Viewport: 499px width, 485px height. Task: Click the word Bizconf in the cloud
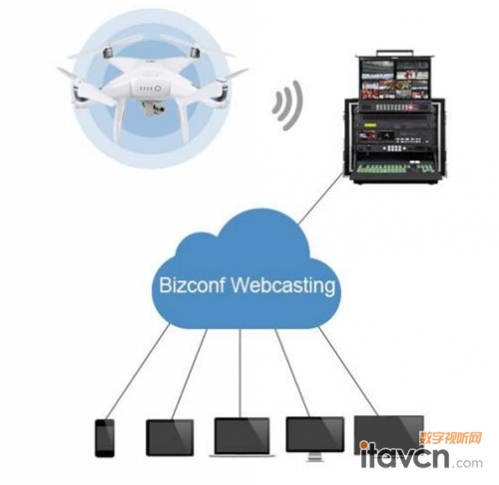coord(192,285)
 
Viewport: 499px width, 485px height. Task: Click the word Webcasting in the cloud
coord(283,286)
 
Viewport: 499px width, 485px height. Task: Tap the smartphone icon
coord(105,438)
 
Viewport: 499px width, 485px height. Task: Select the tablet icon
coord(170,437)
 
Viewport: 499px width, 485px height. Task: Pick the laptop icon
coord(242,437)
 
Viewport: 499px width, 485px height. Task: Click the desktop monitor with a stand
coord(314,438)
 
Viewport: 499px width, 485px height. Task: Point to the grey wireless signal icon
coord(288,105)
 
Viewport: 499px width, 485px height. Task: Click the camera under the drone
coord(153,110)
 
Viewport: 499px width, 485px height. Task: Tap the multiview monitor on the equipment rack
coord(394,79)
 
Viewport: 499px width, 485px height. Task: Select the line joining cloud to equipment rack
coord(320,198)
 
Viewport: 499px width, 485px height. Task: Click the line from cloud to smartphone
coord(138,371)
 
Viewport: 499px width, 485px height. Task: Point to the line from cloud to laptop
coord(240,373)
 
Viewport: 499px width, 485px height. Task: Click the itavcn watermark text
coord(404,456)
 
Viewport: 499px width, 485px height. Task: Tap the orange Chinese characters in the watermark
coord(451,438)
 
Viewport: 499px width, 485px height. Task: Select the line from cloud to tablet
coord(190,374)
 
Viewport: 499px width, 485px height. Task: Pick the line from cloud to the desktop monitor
coord(292,372)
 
